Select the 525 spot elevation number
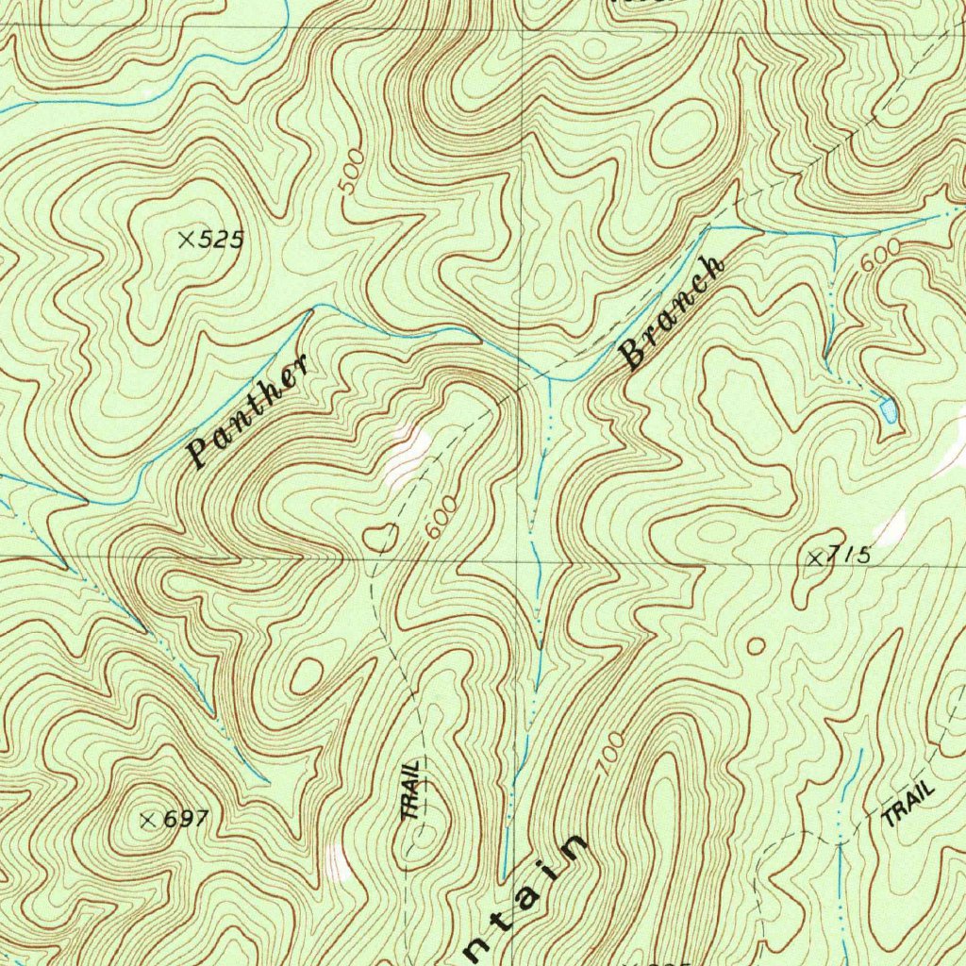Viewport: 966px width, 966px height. (222, 241)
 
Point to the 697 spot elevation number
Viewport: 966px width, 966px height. (185, 820)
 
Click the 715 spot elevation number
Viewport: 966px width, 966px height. (849, 556)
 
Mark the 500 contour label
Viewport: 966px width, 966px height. (350, 173)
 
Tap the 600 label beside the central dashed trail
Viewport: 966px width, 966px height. (441, 515)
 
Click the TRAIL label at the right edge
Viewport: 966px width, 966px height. (908, 805)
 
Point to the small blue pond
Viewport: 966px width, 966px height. (888, 410)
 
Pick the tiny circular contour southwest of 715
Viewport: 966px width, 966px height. (756, 646)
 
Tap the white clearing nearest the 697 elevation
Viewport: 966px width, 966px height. (338, 859)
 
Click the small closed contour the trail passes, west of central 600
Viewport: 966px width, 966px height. (381, 539)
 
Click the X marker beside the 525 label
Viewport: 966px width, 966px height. (187, 241)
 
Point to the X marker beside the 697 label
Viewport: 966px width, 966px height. (148, 820)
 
